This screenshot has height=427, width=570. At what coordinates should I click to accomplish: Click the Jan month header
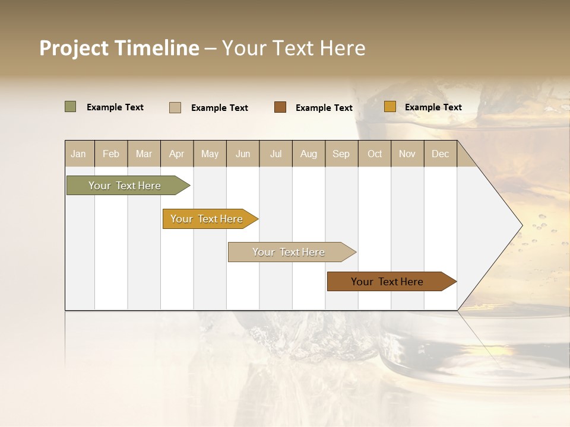78,154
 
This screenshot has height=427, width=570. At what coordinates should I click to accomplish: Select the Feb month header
111,154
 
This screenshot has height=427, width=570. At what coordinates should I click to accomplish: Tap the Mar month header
144,154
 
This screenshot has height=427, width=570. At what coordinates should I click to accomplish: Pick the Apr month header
177,154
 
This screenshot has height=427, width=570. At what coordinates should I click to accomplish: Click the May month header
210,154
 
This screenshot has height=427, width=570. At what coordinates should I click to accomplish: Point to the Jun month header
243,154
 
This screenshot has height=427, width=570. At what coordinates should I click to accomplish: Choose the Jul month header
275,154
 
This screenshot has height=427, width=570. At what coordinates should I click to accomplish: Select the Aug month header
309,154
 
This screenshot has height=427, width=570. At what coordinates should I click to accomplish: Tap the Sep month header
341,154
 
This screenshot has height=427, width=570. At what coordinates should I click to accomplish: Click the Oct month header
375,154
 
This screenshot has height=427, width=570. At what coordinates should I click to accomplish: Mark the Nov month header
407,154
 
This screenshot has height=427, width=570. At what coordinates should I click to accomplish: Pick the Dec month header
441,154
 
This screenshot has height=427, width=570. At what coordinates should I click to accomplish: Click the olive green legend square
70,107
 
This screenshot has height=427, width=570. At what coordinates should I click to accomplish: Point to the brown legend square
280,107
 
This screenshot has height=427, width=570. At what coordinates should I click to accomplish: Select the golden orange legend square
389,107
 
